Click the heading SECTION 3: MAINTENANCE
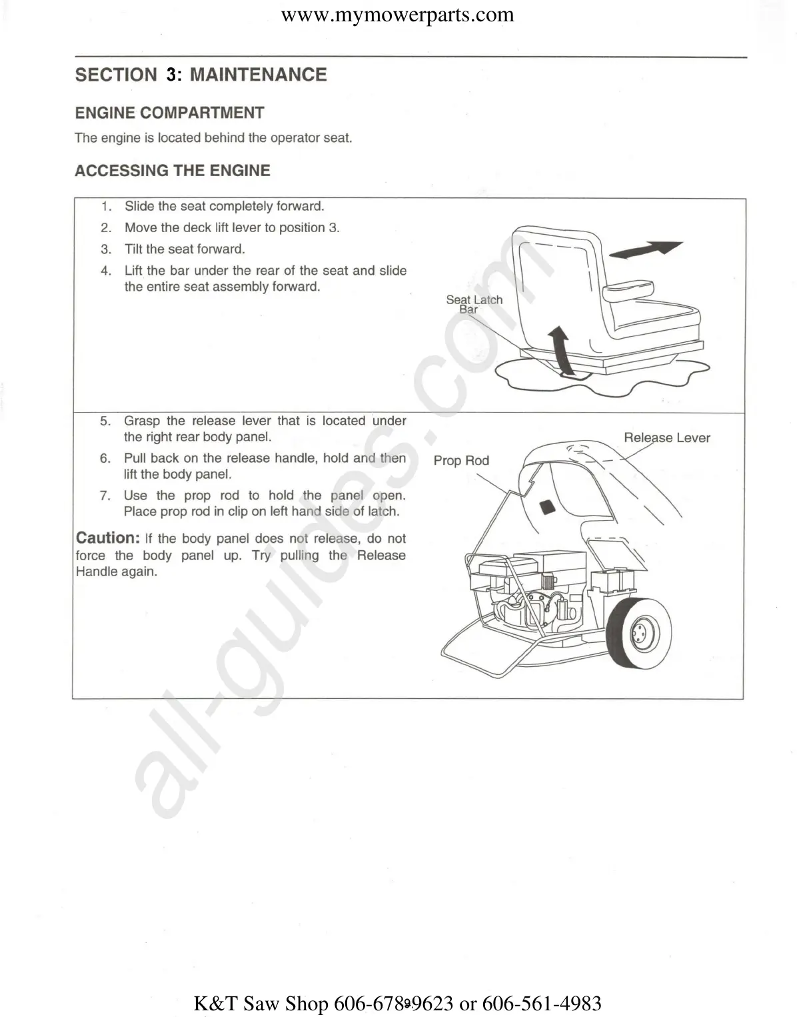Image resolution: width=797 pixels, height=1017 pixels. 201,75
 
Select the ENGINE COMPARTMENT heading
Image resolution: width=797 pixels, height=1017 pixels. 169,113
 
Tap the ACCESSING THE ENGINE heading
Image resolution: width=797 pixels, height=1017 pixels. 172,171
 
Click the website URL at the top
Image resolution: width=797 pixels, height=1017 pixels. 398,15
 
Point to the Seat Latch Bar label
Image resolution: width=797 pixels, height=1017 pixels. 474,304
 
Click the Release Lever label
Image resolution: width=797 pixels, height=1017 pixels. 666,438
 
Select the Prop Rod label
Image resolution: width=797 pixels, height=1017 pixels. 461,461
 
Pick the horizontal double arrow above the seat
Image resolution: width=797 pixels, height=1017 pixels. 645,249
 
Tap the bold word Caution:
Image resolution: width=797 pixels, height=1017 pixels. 107,538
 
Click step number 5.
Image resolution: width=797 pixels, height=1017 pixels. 105,421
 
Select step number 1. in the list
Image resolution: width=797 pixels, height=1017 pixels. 107,207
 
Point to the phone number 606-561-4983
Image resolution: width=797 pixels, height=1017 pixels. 541,1003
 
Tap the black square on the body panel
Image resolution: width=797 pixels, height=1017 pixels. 548,506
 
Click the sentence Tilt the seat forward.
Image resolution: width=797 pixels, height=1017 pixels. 185,249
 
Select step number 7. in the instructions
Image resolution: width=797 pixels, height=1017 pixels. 105,496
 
